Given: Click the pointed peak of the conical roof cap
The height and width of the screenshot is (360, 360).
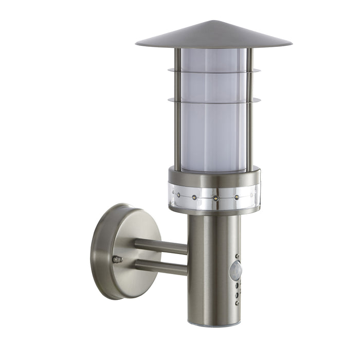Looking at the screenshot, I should pos(213,22).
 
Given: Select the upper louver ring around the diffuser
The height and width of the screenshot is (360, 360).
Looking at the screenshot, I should pos(213,71).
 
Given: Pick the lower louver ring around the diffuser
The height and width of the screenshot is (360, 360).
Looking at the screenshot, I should pos(213,100).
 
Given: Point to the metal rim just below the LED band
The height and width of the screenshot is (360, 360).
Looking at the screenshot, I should pos(213,211).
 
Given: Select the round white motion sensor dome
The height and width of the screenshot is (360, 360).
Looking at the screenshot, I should pos(235,270).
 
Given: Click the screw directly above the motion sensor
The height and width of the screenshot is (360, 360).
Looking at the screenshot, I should pos(237,255).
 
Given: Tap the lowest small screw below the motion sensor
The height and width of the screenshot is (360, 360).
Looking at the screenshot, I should pos(237,303).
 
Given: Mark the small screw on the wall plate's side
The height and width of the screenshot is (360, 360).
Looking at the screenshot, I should pos(118,259).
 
